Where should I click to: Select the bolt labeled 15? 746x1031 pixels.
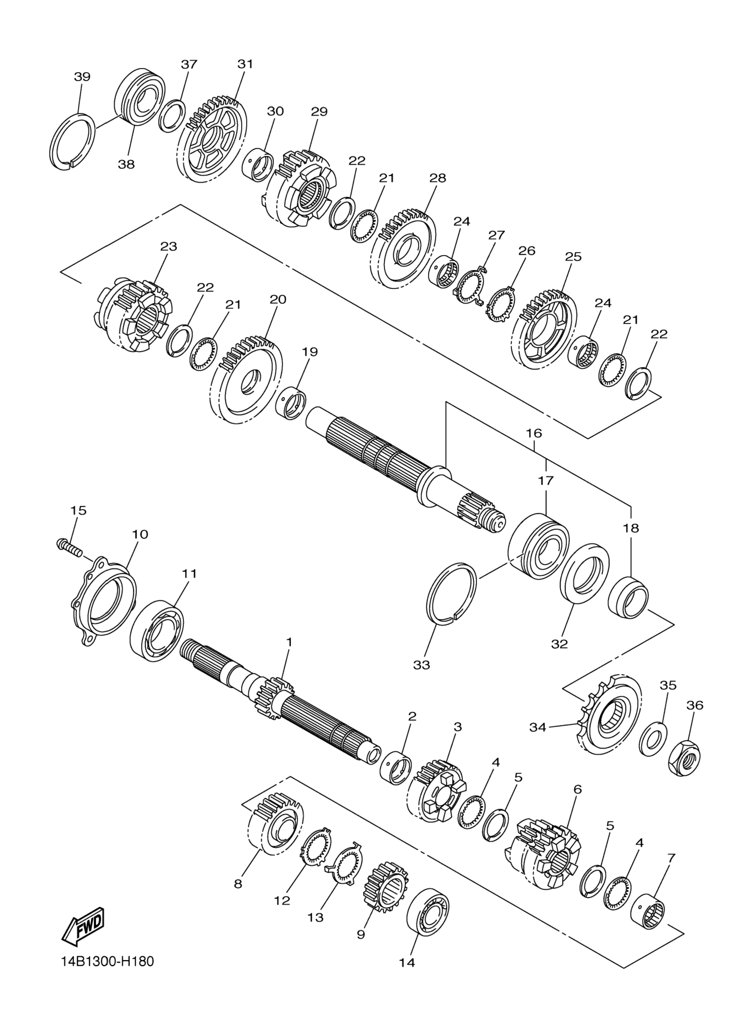(70, 547)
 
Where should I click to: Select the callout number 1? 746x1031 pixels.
(289, 643)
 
